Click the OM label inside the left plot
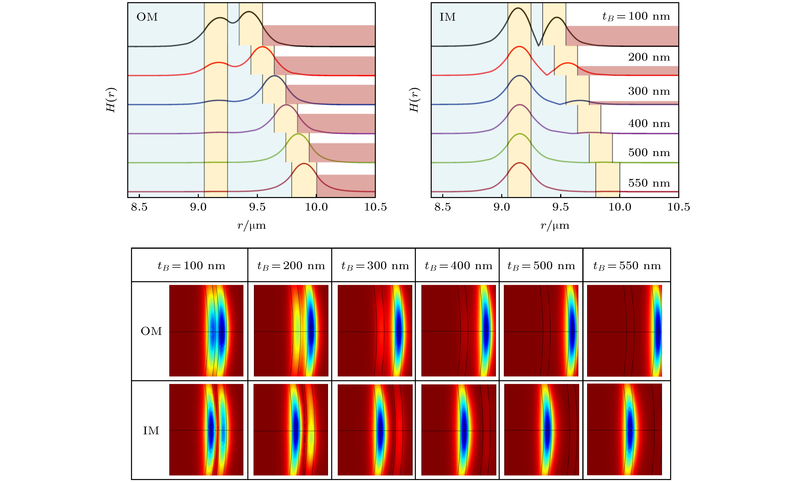147,17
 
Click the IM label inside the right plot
447,17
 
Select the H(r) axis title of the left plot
111,100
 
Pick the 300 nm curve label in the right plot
649,91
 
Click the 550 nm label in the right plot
649,183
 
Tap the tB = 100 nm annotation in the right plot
636,16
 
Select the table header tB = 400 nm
458,266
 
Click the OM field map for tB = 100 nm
206,331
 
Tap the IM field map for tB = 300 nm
375,430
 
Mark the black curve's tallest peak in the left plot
249,12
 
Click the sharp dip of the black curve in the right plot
538,46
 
